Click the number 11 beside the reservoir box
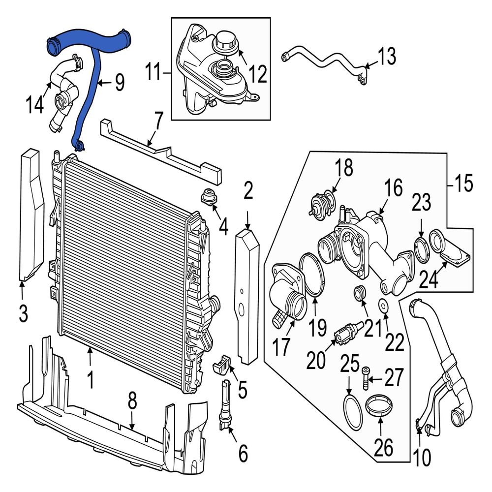[154, 74]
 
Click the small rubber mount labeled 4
[211, 197]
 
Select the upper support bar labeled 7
[157, 153]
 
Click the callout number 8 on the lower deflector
[131, 403]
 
